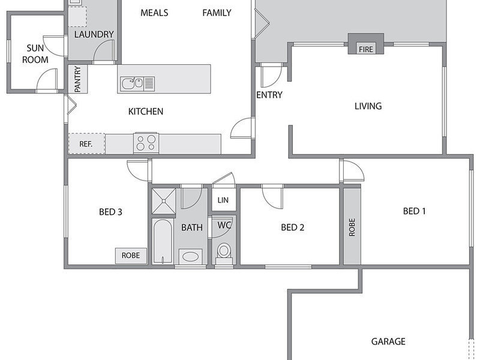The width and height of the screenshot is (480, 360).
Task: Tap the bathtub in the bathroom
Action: [x=163, y=241]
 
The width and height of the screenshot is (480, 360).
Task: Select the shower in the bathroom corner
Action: [x=164, y=201]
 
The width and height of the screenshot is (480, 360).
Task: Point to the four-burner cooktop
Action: [x=146, y=143]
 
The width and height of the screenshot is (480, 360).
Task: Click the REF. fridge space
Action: [x=86, y=143]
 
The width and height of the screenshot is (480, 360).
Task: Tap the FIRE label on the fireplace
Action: [x=366, y=49]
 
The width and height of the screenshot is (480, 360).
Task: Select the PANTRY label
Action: [x=77, y=79]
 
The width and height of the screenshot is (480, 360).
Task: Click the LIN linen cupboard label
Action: [x=223, y=200]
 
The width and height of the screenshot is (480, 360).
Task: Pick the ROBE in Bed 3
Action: [x=131, y=256]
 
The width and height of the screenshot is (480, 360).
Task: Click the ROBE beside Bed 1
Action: [x=352, y=227]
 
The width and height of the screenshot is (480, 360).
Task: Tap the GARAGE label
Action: [x=388, y=341]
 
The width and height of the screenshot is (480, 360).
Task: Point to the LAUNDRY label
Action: [x=94, y=34]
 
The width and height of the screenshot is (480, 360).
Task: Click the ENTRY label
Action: [x=269, y=95]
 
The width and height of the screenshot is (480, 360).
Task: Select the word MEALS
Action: [x=154, y=13]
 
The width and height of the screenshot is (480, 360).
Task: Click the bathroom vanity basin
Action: [x=190, y=257]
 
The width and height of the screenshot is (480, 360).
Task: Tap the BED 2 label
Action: [x=293, y=227]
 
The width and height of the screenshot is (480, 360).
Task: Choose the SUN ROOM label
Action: [x=35, y=53]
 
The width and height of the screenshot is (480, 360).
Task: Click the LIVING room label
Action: [x=368, y=106]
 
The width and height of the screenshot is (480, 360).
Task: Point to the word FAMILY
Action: [x=217, y=13]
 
